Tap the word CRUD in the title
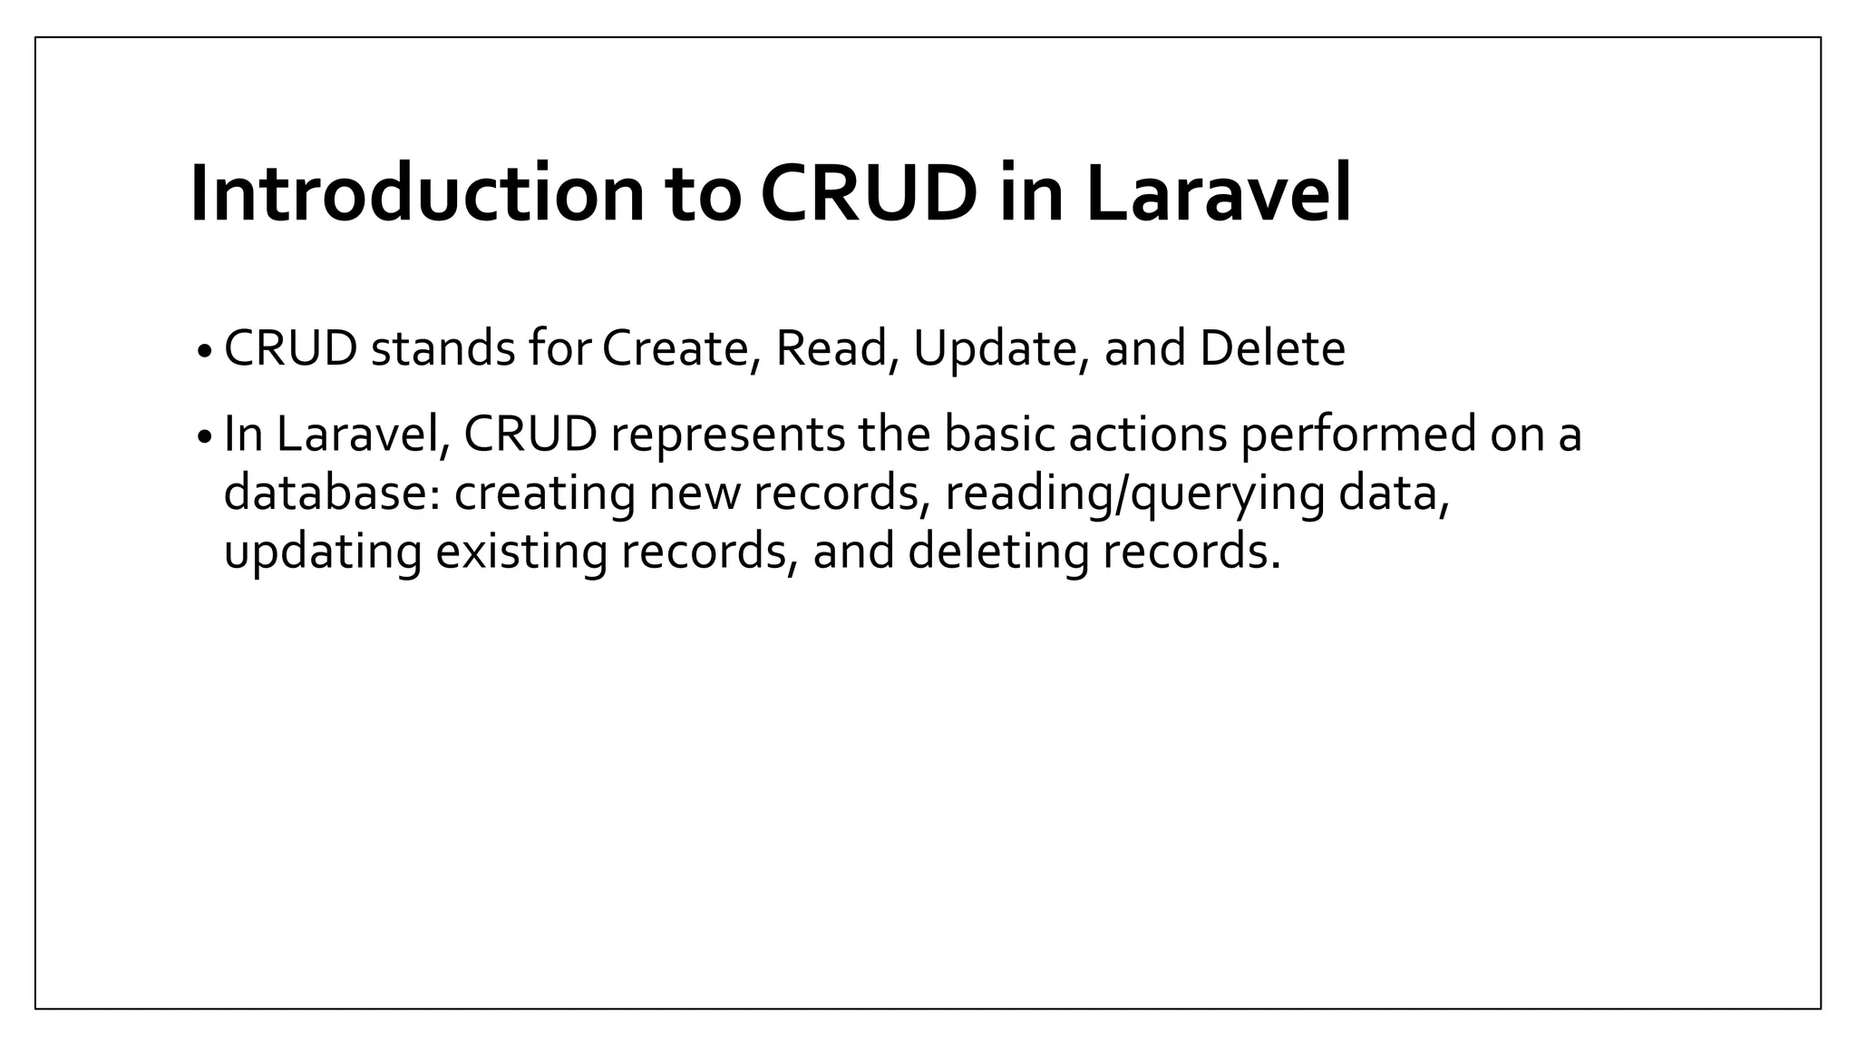(869, 194)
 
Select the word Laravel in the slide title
(1218, 194)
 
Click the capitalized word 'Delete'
(1272, 349)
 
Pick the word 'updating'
(322, 552)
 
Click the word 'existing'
(520, 552)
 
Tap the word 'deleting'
(997, 552)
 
